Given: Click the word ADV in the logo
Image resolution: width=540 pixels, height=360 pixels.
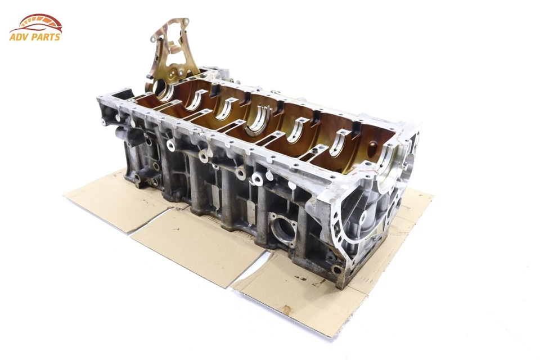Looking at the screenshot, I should click(x=20, y=37).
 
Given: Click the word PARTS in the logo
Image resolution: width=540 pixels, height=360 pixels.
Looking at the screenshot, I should click(x=46, y=37).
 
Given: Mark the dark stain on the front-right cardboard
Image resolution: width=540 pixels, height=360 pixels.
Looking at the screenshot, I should click(x=287, y=309).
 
